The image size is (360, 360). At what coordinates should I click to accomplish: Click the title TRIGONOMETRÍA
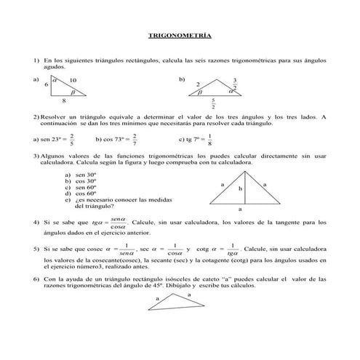(180, 34)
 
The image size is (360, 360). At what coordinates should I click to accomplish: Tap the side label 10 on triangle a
(73, 80)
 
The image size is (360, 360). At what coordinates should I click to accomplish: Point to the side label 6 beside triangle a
(46, 85)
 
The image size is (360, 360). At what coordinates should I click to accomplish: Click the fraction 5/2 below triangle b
(212, 104)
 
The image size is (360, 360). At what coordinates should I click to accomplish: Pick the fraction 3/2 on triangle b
(235, 83)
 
